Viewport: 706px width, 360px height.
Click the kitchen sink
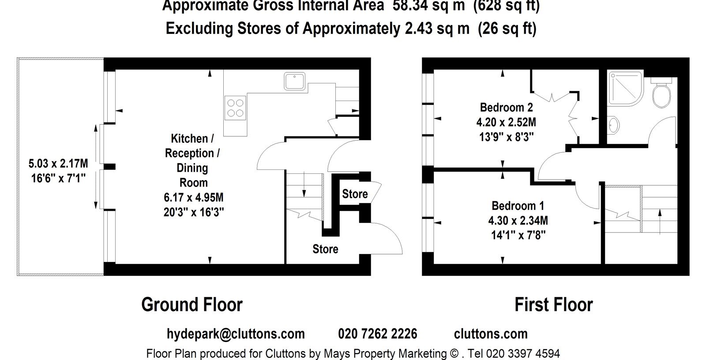pos(294,81)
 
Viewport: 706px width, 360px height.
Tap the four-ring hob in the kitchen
pos(235,108)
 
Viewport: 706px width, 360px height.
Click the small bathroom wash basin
pos(613,125)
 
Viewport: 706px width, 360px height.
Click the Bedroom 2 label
pos(506,108)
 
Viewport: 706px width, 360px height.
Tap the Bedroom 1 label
pos(518,206)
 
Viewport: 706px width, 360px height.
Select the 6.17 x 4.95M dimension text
pos(194,198)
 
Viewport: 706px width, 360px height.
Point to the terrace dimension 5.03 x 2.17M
pos(58,164)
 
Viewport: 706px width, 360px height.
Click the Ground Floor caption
pos(192,304)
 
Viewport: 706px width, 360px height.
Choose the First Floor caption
pos(554,304)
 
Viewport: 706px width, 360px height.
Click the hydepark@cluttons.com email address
pos(236,334)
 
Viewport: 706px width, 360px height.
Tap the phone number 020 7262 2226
pos(378,334)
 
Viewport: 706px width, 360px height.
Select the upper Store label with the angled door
pos(355,194)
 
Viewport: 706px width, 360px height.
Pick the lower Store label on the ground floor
pos(325,249)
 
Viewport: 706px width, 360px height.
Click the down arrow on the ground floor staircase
pos(304,184)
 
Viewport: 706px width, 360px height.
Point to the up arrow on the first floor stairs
pos(660,222)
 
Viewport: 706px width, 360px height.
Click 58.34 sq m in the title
pos(428,5)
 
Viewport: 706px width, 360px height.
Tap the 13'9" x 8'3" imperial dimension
pos(507,137)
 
